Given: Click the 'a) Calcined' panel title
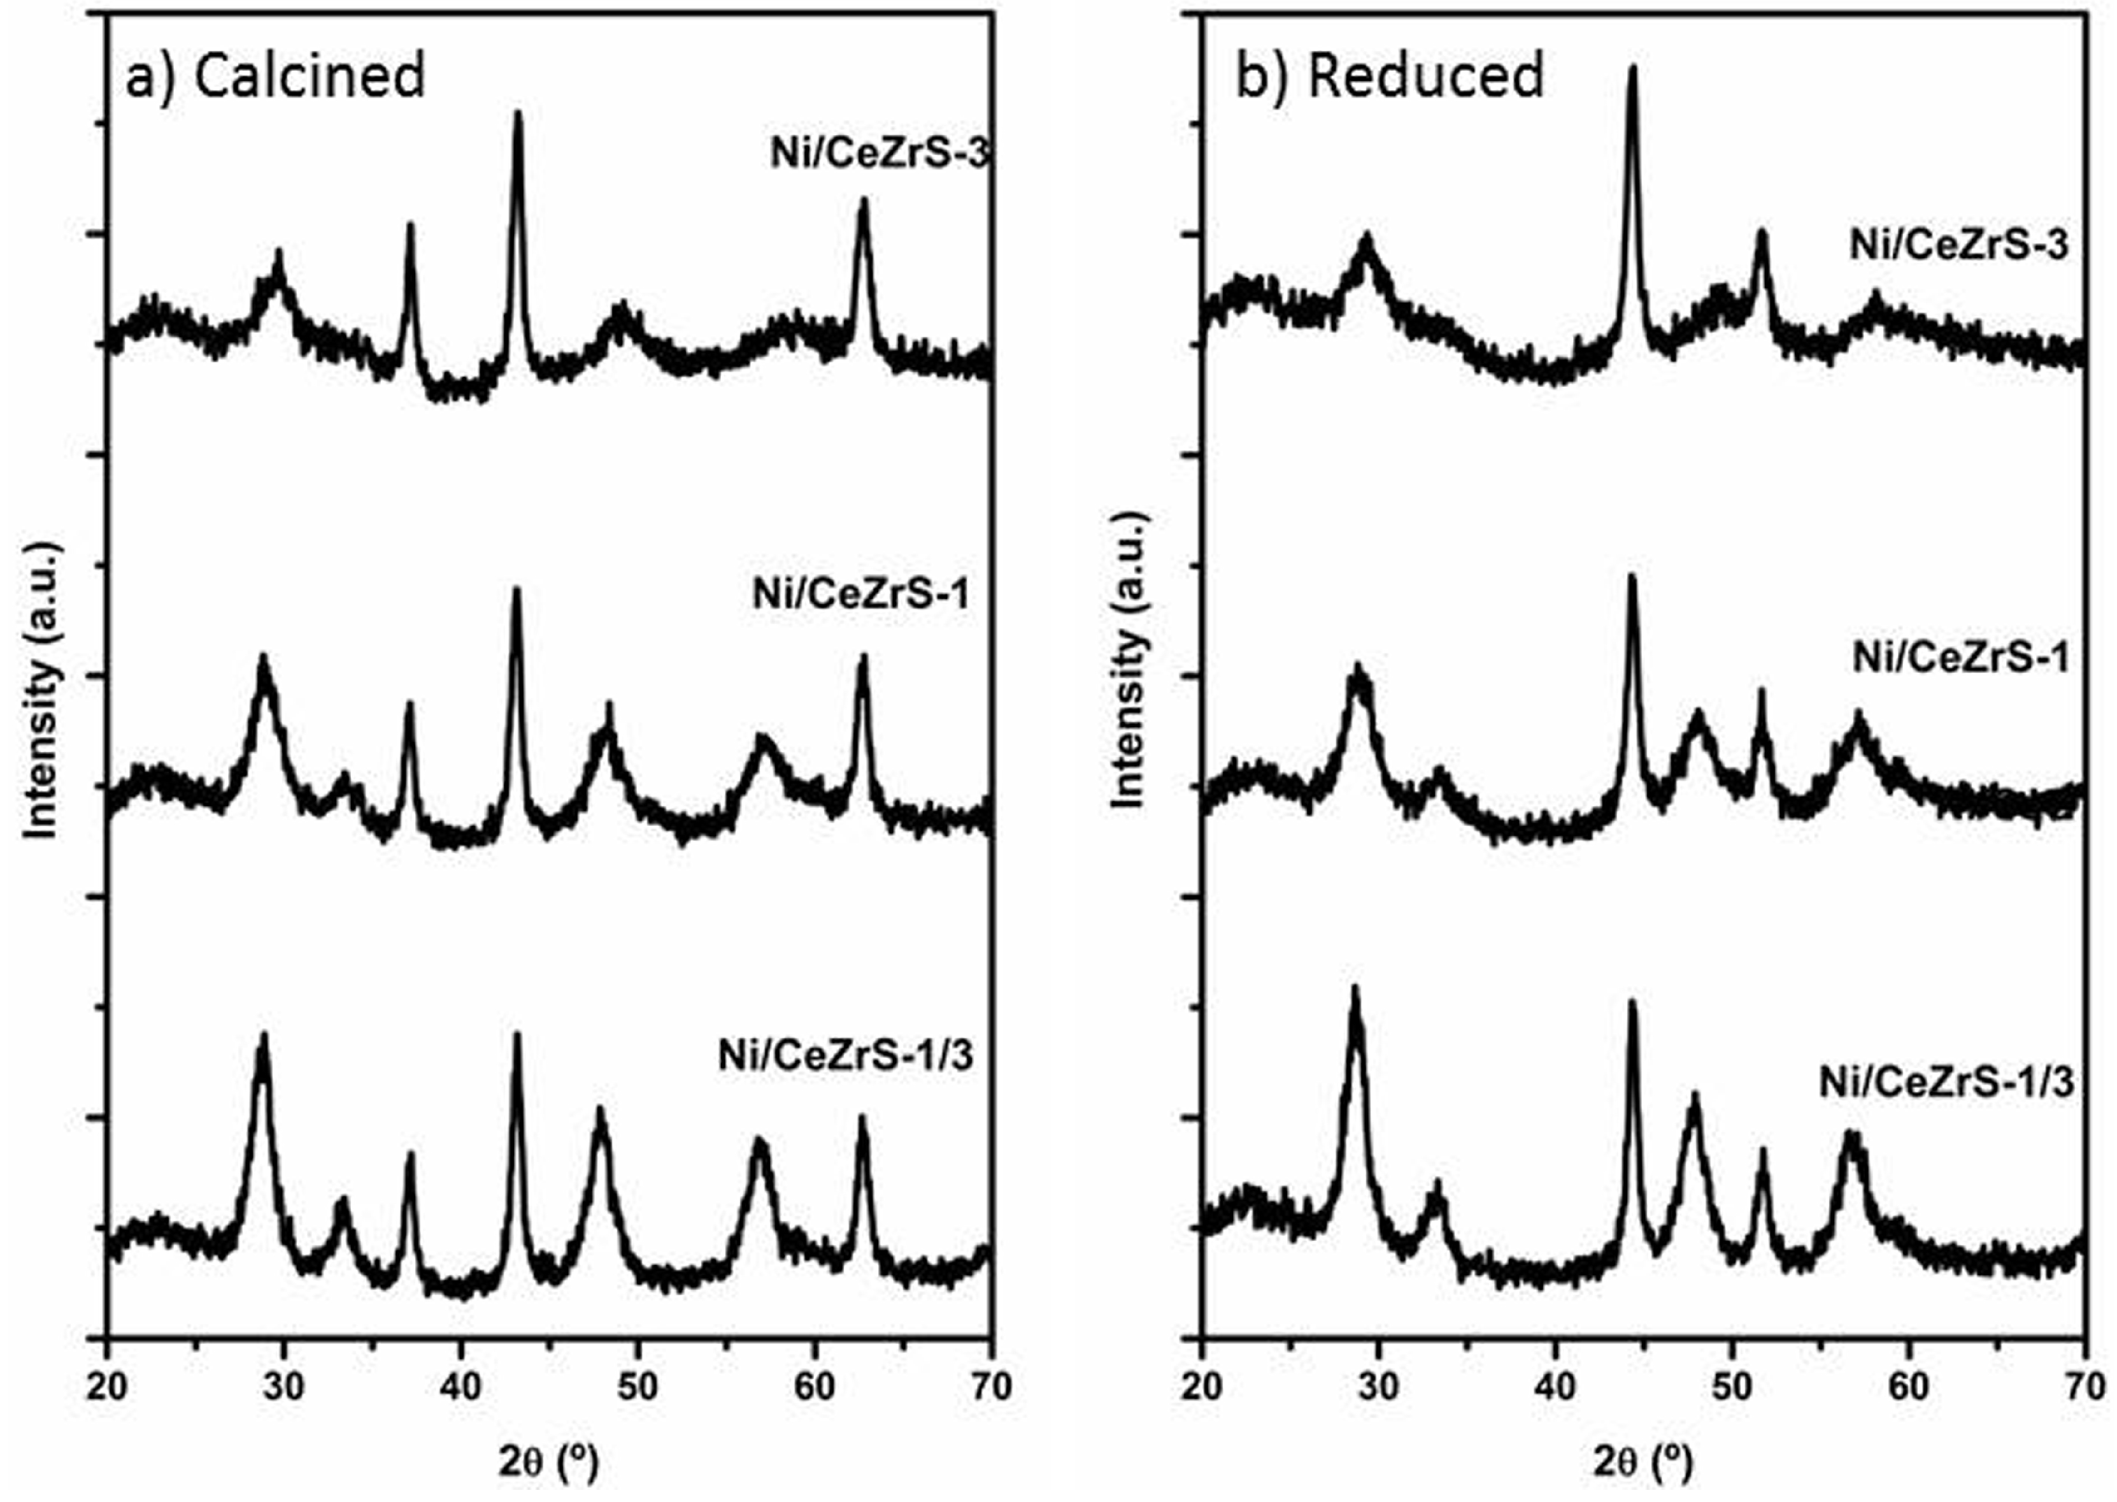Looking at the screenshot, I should tap(276, 76).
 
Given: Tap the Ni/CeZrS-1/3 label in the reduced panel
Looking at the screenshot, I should tap(1946, 1082).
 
